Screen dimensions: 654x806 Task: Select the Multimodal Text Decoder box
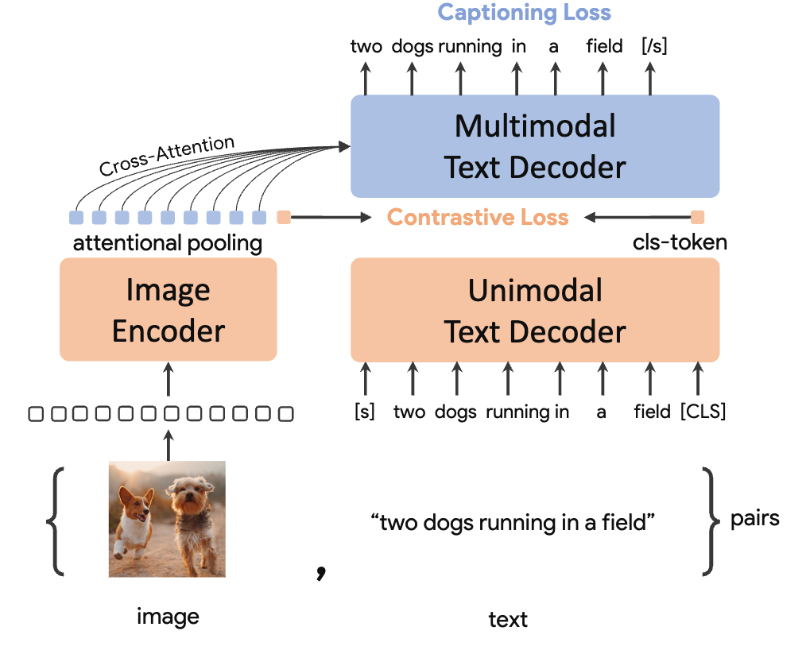click(535, 146)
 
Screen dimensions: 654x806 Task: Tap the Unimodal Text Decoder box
click(535, 310)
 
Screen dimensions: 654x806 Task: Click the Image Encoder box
click(169, 310)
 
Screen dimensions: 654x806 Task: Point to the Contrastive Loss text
click(478, 217)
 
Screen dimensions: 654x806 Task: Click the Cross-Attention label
click(167, 156)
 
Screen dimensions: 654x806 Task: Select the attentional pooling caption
click(168, 243)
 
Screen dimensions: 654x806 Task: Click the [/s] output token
click(653, 46)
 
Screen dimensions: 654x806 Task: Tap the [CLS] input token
click(703, 412)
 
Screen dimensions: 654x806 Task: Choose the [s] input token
click(365, 412)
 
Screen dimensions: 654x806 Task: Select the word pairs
click(754, 519)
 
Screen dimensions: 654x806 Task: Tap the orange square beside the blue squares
click(283, 217)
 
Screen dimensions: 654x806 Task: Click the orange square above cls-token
click(697, 217)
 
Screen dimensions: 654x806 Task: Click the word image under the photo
click(168, 616)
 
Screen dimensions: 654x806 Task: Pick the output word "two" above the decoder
click(366, 46)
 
